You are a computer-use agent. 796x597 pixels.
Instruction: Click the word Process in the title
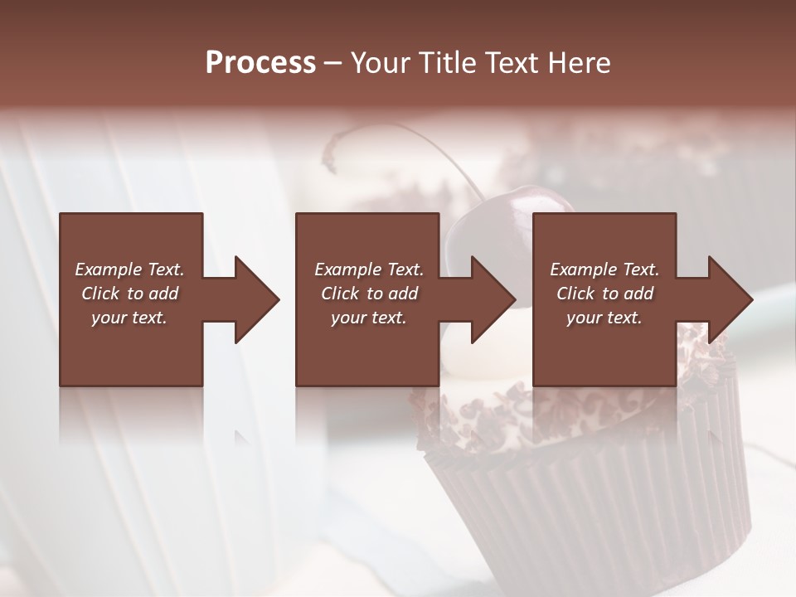[260, 63]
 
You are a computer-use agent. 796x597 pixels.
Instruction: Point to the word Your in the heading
[380, 63]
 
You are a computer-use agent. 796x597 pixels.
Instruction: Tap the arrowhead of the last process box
[729, 299]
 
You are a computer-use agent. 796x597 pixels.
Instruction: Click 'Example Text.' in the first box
[129, 269]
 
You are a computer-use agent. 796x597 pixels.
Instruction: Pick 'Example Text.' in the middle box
[368, 269]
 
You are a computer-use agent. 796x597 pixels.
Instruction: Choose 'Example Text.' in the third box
[604, 269]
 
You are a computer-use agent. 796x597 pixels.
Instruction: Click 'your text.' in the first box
[129, 318]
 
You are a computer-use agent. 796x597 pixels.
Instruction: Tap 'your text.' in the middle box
[368, 318]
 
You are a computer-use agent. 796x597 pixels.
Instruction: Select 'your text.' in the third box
[604, 318]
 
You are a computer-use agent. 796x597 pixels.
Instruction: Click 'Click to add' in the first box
[129, 294]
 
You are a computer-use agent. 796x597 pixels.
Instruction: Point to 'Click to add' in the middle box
[368, 294]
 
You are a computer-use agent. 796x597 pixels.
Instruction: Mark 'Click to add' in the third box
[604, 294]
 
